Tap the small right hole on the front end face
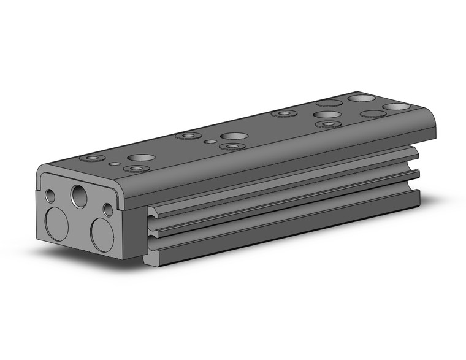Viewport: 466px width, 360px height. (108, 210)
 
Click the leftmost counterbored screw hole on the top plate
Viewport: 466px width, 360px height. (93, 158)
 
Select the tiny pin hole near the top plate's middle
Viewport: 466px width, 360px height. (210, 142)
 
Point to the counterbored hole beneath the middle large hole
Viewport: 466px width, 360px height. (232, 147)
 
